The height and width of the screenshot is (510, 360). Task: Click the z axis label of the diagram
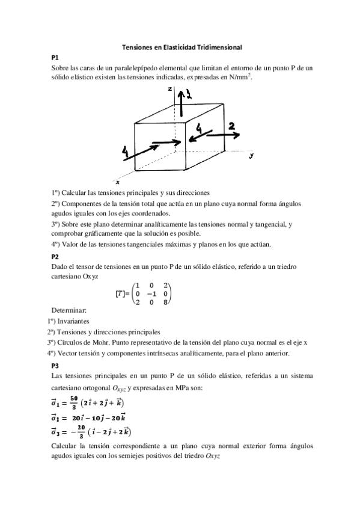pyautogui.click(x=171, y=88)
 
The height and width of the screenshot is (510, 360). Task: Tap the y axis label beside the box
pyautogui.click(x=251, y=155)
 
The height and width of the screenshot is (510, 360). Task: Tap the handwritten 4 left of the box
pyautogui.click(x=125, y=153)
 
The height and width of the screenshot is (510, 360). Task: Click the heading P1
pyautogui.click(x=55, y=58)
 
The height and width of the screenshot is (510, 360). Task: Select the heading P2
pyautogui.click(x=55, y=256)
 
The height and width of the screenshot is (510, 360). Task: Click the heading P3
pyautogui.click(x=55, y=365)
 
